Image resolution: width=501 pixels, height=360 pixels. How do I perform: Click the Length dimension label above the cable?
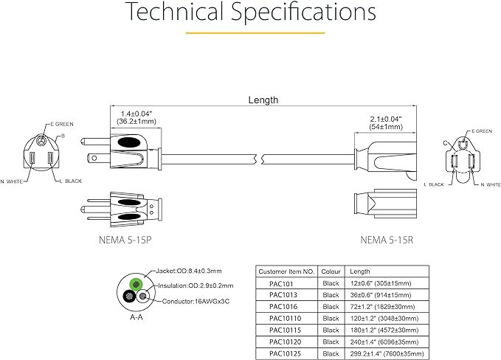click(263, 100)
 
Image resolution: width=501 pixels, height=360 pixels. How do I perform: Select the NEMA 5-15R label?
click(386, 239)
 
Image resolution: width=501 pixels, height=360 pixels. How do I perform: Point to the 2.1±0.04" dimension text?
click(385, 119)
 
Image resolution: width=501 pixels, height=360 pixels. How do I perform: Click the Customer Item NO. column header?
click(287, 271)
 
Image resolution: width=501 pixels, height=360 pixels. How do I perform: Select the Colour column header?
click(330, 271)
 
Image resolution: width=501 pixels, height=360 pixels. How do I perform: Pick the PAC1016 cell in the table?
click(283, 306)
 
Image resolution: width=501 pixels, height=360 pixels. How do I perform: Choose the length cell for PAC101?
click(380, 283)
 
